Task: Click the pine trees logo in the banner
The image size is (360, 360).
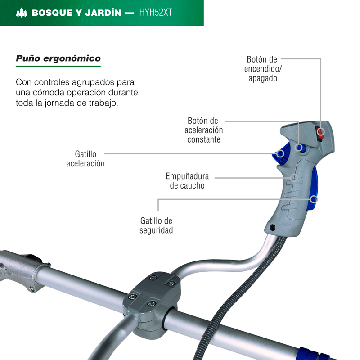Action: click(22, 13)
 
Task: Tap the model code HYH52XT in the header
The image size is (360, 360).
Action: click(156, 13)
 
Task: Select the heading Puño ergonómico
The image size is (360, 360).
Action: click(58, 58)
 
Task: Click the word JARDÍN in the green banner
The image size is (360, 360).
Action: click(103, 13)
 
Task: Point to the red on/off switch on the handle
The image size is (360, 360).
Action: click(320, 133)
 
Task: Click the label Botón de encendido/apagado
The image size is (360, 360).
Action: click(263, 69)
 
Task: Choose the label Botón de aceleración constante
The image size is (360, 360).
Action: click(204, 130)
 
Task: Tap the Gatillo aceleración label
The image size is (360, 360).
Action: click(85, 159)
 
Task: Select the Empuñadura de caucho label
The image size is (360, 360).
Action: click(187, 181)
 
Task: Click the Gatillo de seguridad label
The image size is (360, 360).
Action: click(156, 225)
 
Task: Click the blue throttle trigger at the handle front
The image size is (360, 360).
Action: click(280, 154)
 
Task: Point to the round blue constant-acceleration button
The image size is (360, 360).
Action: click(300, 148)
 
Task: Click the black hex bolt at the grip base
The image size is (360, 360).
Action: click(273, 228)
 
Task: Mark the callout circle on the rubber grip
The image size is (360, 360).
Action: click(294, 178)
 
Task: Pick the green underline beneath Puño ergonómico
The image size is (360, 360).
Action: click(58, 66)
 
